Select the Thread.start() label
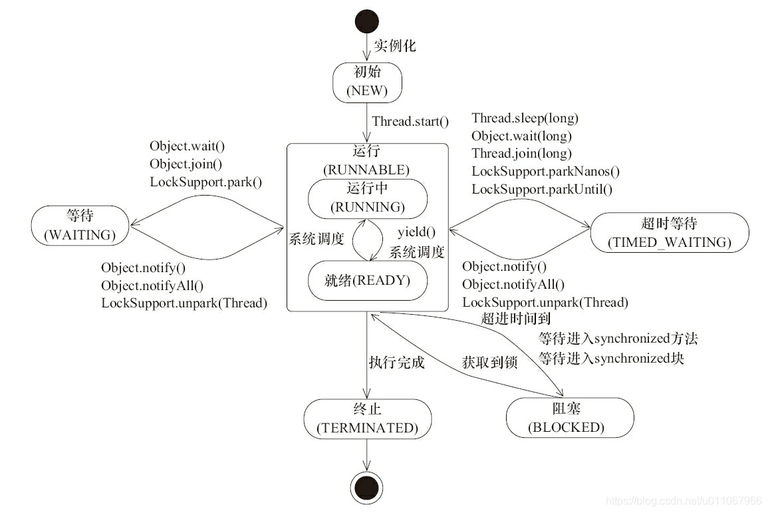(x=410, y=122)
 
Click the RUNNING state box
(x=367, y=198)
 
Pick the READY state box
(x=367, y=281)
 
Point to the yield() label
(x=416, y=232)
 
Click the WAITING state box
(x=80, y=226)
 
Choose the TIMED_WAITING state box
(x=669, y=232)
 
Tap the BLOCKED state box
(x=566, y=418)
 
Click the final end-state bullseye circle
(x=367, y=489)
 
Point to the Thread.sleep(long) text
(x=525, y=119)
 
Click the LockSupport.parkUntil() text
(x=541, y=189)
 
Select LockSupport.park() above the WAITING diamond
(x=205, y=180)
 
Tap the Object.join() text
(x=186, y=163)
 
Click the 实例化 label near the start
(x=394, y=46)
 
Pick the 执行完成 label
(x=396, y=363)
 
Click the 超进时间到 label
(x=516, y=319)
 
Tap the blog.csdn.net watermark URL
(x=685, y=500)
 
